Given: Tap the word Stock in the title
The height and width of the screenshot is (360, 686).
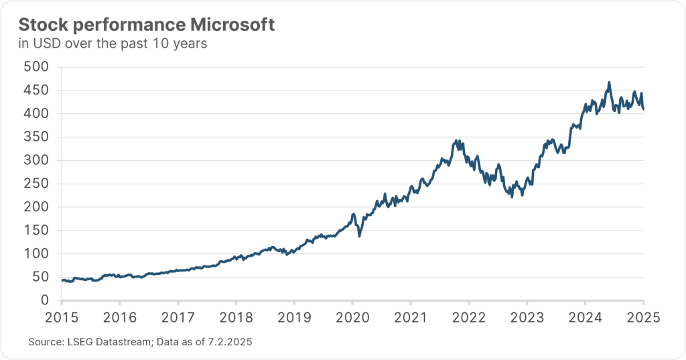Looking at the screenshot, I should click(40, 25).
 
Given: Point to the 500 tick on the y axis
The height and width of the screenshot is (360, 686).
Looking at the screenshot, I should click(36, 67).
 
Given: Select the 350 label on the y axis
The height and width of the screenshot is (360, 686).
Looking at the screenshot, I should click(36, 137).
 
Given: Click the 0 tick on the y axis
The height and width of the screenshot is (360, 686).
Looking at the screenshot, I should click(45, 300).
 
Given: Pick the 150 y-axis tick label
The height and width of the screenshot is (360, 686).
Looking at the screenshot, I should click(36, 231).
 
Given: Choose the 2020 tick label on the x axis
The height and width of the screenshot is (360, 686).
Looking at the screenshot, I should click(352, 317).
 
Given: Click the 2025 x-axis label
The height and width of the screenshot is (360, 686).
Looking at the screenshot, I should click(644, 317).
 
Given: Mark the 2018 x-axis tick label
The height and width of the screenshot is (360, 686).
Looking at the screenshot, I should click(236, 317).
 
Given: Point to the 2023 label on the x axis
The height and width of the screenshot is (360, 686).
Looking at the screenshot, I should click(527, 317).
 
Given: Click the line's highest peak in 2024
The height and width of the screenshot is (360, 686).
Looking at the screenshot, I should click(609, 82).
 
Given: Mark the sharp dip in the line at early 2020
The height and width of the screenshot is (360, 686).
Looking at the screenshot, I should click(360, 236).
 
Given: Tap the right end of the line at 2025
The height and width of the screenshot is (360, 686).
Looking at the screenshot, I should click(644, 109).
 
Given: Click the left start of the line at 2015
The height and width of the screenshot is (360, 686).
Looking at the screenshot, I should click(62, 280).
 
